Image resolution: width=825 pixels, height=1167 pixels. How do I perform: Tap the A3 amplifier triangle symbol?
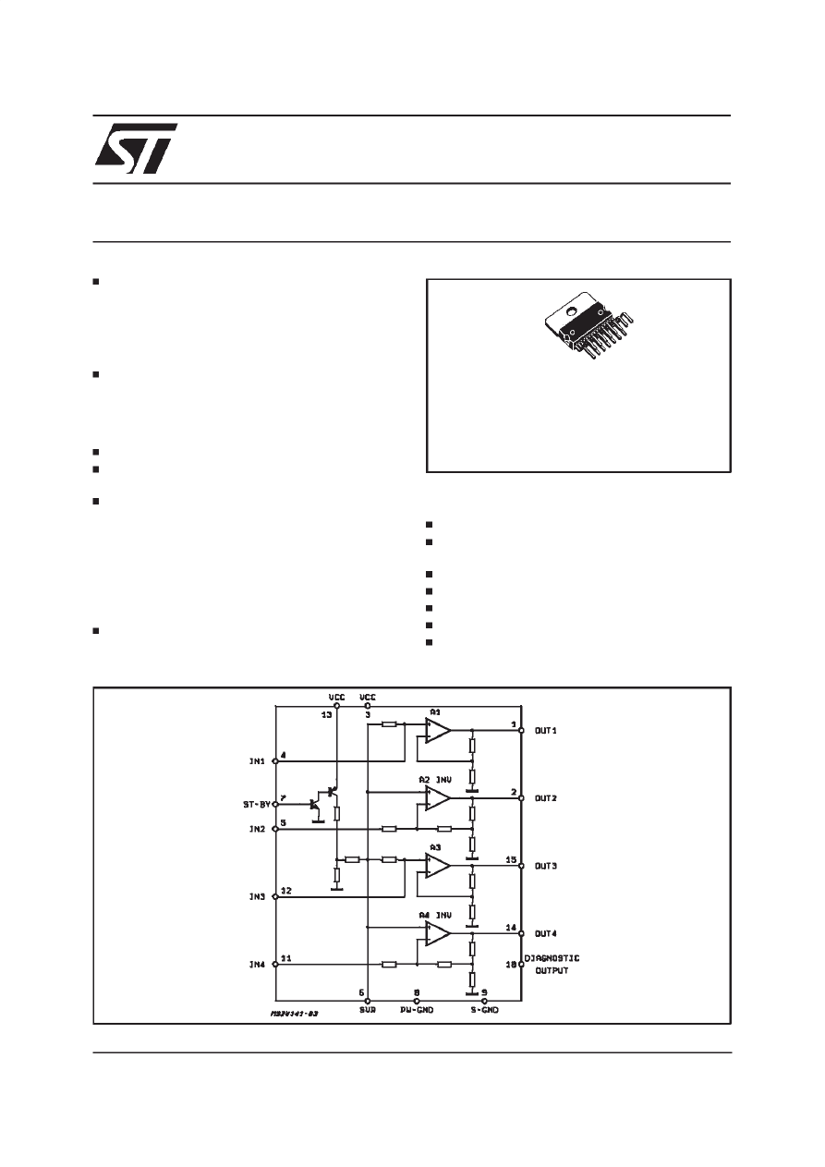(x=438, y=866)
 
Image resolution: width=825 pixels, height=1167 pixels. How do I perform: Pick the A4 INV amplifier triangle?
(x=438, y=933)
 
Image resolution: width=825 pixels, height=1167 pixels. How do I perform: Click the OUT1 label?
(x=546, y=731)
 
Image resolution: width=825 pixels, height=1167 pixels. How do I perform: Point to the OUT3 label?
(x=546, y=867)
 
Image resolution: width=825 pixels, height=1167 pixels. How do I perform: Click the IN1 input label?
(x=257, y=762)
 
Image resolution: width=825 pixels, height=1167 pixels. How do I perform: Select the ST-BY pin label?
(x=250, y=805)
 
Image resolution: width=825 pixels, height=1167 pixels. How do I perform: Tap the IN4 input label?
(x=257, y=965)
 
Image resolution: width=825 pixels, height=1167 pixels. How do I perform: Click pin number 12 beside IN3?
(x=286, y=891)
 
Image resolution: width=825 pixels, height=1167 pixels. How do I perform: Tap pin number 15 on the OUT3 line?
(x=511, y=858)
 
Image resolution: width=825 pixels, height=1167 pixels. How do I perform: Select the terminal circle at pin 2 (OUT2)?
(x=522, y=799)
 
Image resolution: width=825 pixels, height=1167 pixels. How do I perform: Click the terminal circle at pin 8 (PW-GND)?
(x=417, y=1001)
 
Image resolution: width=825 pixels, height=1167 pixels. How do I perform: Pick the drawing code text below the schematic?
(x=294, y=1014)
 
